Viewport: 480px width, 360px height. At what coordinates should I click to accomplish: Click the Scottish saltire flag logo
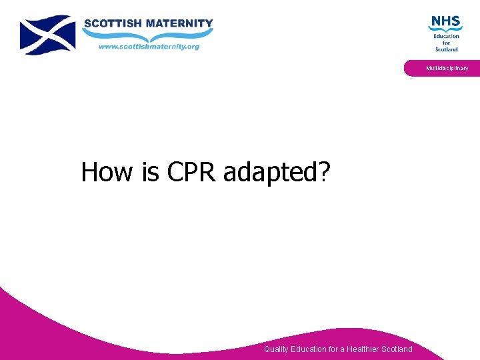coord(47,35)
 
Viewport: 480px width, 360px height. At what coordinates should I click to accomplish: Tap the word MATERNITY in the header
coord(180,23)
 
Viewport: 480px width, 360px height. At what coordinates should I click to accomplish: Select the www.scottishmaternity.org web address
coord(149,47)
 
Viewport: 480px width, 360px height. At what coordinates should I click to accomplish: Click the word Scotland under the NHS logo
coord(447,49)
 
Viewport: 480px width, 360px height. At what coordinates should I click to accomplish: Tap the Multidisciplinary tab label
coord(447,68)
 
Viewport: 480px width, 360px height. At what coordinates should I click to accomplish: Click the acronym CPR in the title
coord(192,172)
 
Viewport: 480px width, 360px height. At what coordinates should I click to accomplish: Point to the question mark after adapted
coord(325,172)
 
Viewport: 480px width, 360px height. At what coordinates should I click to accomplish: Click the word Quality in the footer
coord(277,349)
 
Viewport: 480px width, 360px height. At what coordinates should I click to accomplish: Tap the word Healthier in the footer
coord(363,349)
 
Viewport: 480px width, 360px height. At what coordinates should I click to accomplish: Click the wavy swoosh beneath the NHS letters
coord(445,29)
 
